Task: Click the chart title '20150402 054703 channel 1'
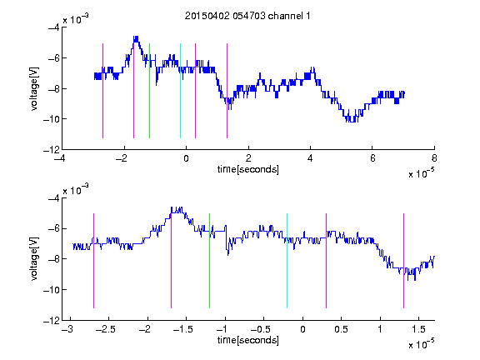point(247,16)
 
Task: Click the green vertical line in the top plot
point(149,91)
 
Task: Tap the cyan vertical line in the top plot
point(180,91)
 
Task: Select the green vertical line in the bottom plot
point(209,261)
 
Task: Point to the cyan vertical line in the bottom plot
point(287,261)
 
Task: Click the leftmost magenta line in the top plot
point(102,91)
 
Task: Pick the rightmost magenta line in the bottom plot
point(403,261)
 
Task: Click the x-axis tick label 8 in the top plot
point(434,158)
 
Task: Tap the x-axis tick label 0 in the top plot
point(186,158)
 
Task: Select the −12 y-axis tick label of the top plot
point(52,150)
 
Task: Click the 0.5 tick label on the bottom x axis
point(342,329)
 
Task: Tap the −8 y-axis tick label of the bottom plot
point(54,259)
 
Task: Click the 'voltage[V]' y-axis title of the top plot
point(35,89)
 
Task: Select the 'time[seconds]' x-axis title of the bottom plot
point(248,340)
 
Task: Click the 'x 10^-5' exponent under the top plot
point(421,173)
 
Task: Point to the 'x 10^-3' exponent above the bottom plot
point(76,189)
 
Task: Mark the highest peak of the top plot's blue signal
point(136,37)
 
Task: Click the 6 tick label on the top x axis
point(372,158)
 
